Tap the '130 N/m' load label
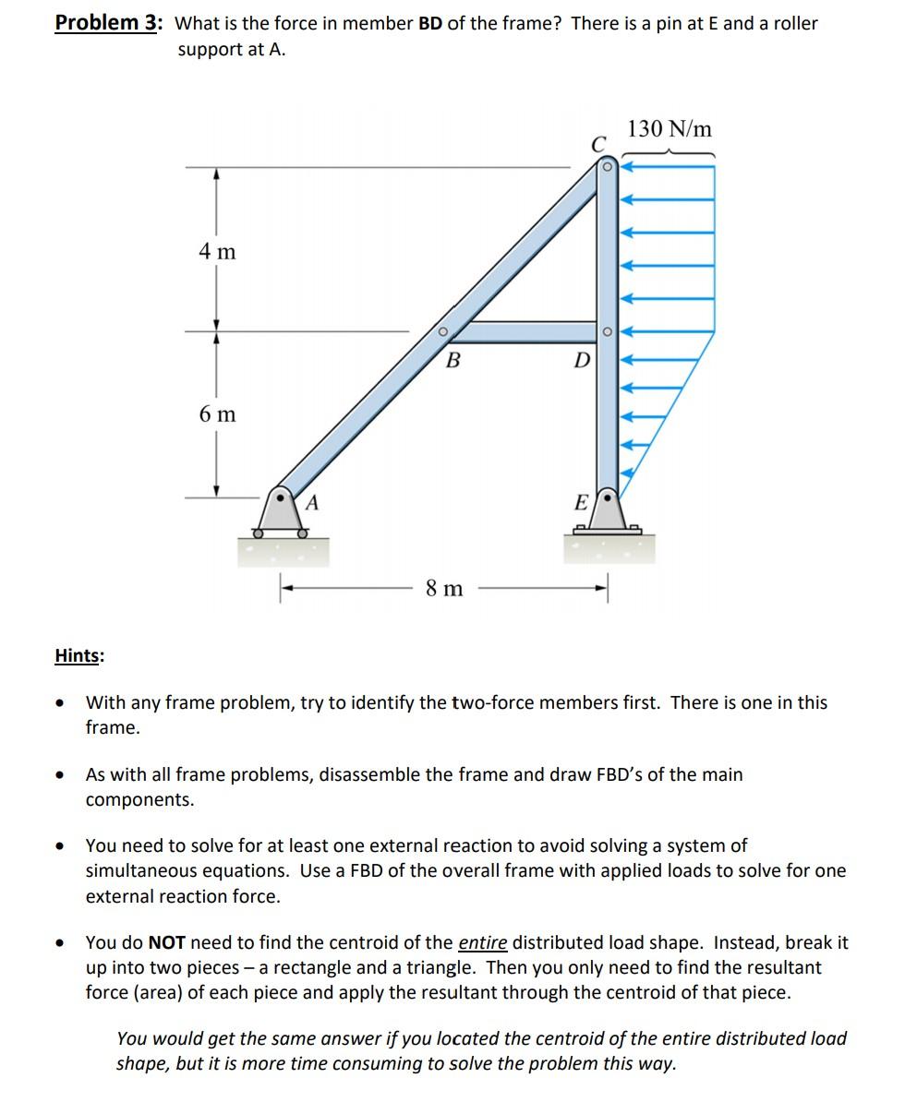670,129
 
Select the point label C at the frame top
598,144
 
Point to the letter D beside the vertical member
580,360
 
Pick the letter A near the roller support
312,503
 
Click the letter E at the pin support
580,503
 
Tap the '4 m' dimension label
217,250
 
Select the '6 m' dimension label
217,414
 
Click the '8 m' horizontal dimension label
444,588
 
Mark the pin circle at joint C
607,167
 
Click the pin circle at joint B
442,330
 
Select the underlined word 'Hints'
78,655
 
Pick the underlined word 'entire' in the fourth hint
482,942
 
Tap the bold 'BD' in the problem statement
430,23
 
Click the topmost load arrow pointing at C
665,168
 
